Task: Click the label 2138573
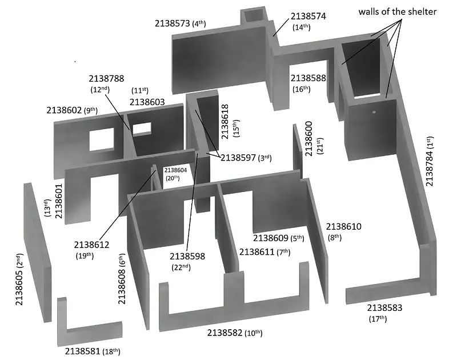click(x=173, y=23)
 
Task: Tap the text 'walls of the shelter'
click(x=397, y=11)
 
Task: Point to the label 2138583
click(x=384, y=307)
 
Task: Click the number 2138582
click(x=225, y=333)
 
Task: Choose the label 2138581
click(x=82, y=351)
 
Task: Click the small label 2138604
click(x=175, y=170)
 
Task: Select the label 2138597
click(x=238, y=158)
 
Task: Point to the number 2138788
click(x=106, y=78)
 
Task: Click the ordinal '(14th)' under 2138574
click(x=302, y=27)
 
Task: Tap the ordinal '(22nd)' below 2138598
click(x=181, y=267)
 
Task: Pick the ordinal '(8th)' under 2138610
click(x=335, y=237)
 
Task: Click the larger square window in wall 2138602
click(x=102, y=139)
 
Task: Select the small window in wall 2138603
click(x=142, y=129)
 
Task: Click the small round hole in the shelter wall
click(x=374, y=112)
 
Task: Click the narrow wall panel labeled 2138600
click(x=298, y=151)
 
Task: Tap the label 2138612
click(x=91, y=245)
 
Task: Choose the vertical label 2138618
click(x=225, y=122)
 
